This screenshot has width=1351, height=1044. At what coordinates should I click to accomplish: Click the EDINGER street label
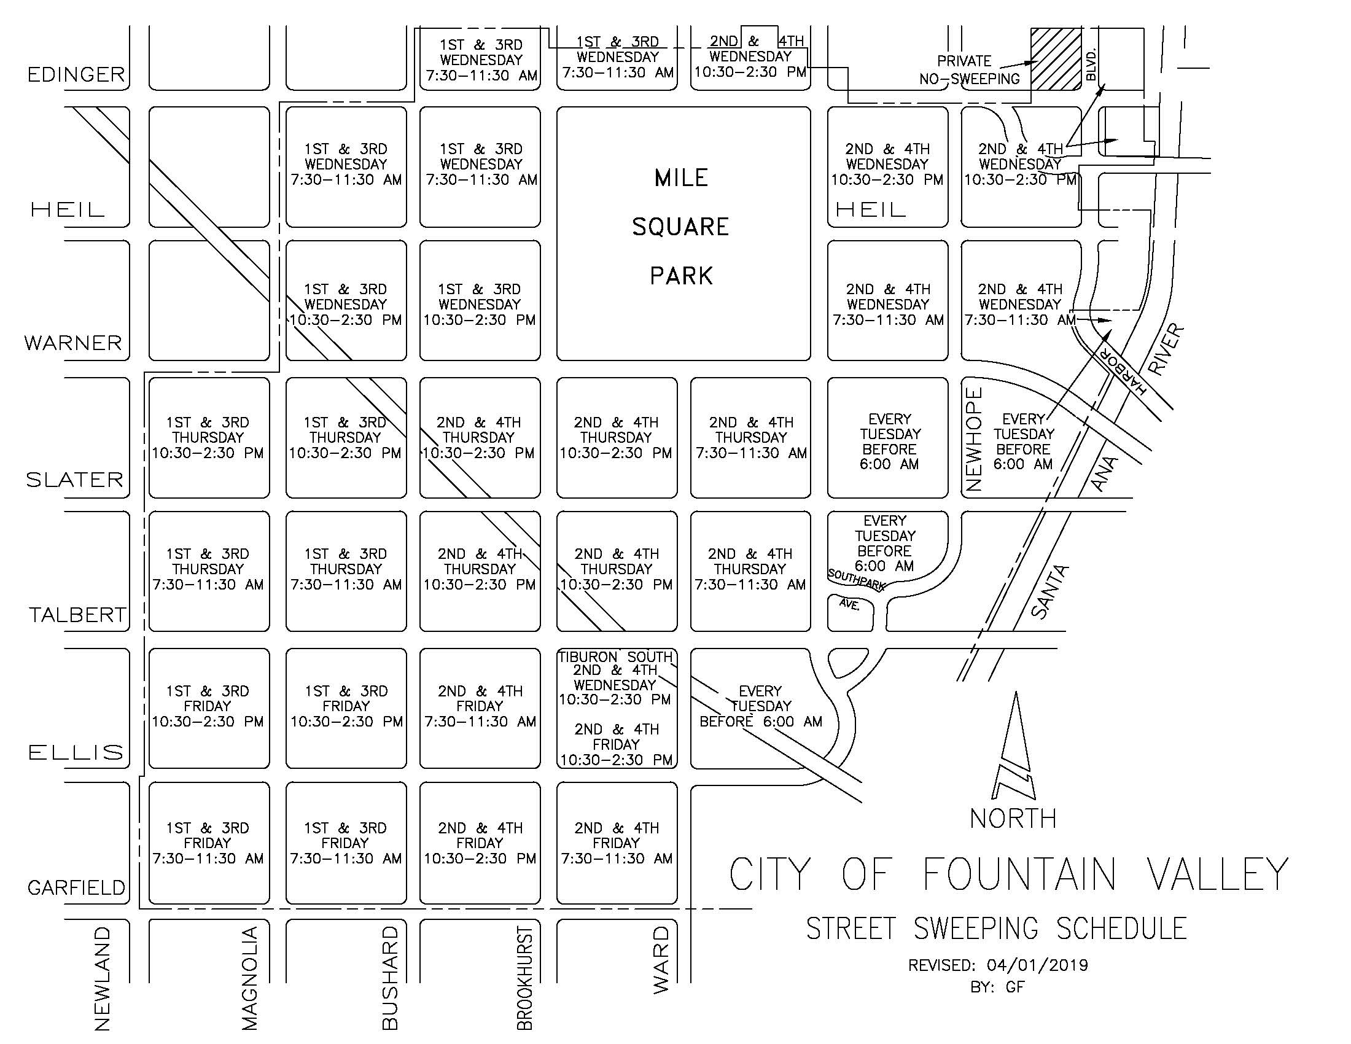[x=76, y=75]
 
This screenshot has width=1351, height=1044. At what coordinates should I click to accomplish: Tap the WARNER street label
[x=73, y=343]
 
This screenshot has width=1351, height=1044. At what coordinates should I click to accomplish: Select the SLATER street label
[x=74, y=480]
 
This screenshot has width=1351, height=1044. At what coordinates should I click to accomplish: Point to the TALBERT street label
[x=77, y=615]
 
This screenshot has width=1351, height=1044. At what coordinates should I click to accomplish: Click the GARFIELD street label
[x=76, y=888]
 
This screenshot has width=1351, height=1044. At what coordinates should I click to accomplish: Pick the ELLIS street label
[x=76, y=752]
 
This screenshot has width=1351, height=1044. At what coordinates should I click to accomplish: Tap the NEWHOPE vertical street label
[x=974, y=439]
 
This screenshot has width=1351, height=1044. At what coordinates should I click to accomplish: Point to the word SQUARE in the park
[x=680, y=227]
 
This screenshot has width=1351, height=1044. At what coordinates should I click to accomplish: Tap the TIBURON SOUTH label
[x=615, y=657]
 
